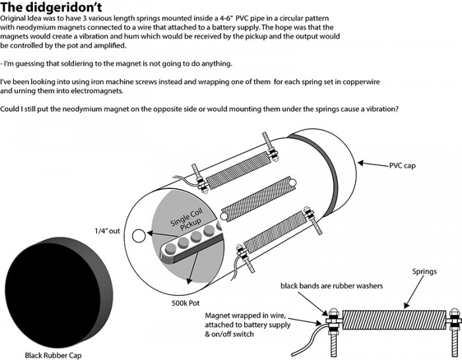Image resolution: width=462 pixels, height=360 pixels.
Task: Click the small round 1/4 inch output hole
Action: pos(138,235)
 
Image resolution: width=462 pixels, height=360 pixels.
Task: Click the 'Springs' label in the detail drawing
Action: pos(426,271)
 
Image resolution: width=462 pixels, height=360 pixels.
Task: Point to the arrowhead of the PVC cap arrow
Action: pos(360,161)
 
